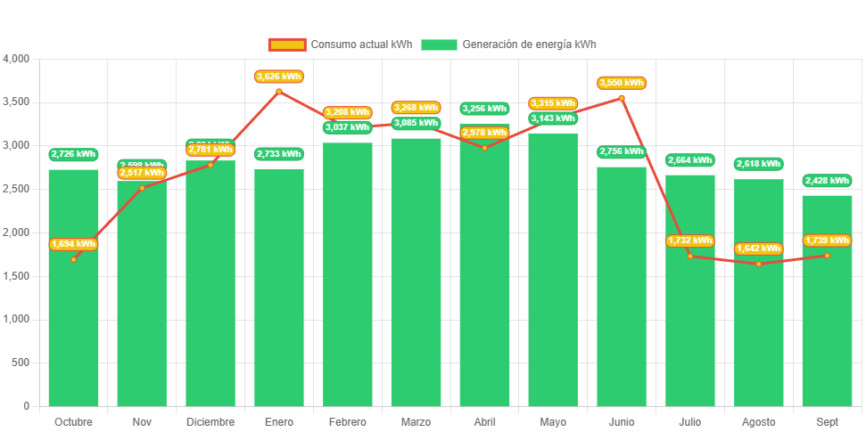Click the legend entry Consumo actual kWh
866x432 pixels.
pos(340,45)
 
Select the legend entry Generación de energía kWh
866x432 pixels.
pos(508,45)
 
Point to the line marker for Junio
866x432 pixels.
pos(622,98)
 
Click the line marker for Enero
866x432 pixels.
pos(278,91)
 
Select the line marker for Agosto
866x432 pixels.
pos(759,264)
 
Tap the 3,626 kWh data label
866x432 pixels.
pos(278,77)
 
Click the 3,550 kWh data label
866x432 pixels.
pos(622,83)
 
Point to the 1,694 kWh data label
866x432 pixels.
pos(73,244)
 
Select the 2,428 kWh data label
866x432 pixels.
pos(827,181)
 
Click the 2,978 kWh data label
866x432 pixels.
pos(484,133)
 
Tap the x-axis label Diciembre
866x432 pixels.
pos(210,421)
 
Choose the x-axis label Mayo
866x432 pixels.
pos(553,421)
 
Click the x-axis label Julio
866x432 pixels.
pos(690,421)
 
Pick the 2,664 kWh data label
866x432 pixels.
pos(690,160)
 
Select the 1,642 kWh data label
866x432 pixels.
pos(759,249)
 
